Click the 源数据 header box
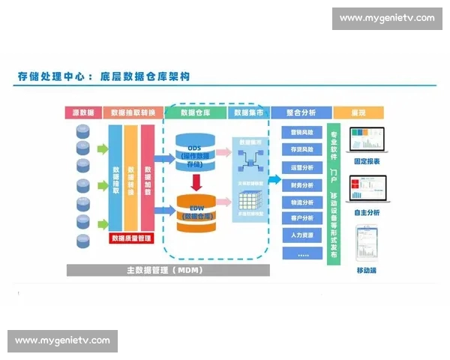click(83, 112)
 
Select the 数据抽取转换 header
click(132, 112)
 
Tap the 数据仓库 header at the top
click(195, 112)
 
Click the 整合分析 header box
click(300, 112)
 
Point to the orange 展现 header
click(358, 112)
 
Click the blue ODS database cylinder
click(196, 152)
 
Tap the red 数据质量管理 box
click(132, 238)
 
